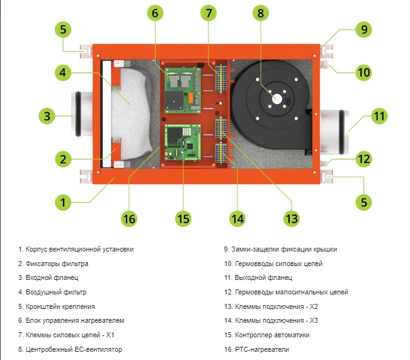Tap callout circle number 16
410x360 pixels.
point(128,218)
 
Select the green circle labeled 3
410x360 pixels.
point(46,115)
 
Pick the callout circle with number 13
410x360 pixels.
point(290,218)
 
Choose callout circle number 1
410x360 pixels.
point(62,202)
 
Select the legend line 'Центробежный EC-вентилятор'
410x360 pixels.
point(70,349)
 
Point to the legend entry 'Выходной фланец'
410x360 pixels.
point(258,277)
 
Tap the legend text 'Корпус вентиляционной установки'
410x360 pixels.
point(76,249)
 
